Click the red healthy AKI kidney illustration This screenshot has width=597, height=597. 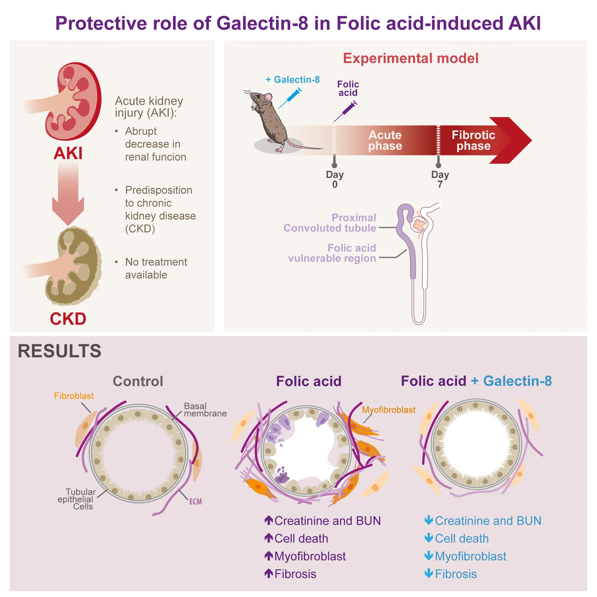click(x=75, y=101)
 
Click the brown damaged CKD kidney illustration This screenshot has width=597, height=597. click(x=75, y=266)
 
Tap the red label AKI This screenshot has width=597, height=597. click(x=68, y=153)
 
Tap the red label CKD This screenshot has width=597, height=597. click(x=68, y=318)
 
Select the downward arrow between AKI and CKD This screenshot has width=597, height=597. click(x=68, y=193)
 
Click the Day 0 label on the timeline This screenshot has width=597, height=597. click(x=334, y=179)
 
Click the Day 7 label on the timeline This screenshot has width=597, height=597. click(x=440, y=179)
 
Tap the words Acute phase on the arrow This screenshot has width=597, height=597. click(x=385, y=140)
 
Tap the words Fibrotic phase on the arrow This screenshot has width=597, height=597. click(x=473, y=140)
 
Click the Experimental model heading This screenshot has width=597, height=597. click(x=410, y=58)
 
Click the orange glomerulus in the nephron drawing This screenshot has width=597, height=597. click(x=419, y=224)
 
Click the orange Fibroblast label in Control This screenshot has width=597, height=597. click(x=74, y=396)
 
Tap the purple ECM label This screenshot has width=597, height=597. click(x=195, y=502)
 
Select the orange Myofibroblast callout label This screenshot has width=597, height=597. click(x=388, y=410)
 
